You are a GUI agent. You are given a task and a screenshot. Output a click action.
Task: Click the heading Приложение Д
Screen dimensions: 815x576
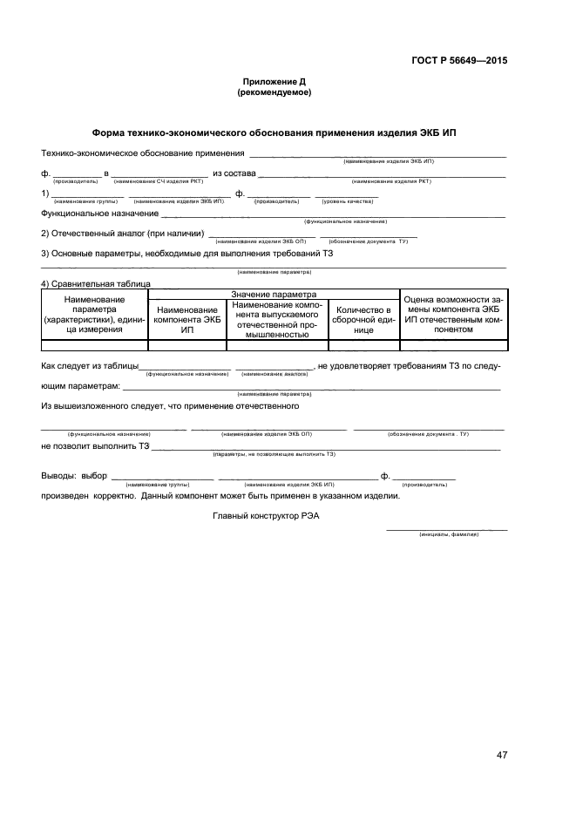click(x=274, y=81)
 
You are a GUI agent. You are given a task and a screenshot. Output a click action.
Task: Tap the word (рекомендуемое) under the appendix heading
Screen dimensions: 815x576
click(x=274, y=92)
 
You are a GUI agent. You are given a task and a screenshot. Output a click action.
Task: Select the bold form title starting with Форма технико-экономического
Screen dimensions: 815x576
click(x=274, y=133)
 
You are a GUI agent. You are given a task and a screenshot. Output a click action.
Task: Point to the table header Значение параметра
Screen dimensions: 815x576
click(x=274, y=295)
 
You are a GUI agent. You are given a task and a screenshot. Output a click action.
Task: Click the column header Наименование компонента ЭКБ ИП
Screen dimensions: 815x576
click(x=186, y=320)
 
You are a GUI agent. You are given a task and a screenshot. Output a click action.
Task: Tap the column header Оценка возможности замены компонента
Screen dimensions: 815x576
click(x=451, y=315)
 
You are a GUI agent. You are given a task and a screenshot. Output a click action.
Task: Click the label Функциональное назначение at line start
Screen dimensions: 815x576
click(x=99, y=213)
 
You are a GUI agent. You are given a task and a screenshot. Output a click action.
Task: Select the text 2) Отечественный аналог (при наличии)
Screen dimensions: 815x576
click(x=123, y=233)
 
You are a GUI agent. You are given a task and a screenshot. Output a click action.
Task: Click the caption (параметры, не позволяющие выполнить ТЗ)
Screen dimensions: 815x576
click(x=274, y=454)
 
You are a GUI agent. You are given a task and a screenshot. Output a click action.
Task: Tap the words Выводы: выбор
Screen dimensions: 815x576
click(x=74, y=476)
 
